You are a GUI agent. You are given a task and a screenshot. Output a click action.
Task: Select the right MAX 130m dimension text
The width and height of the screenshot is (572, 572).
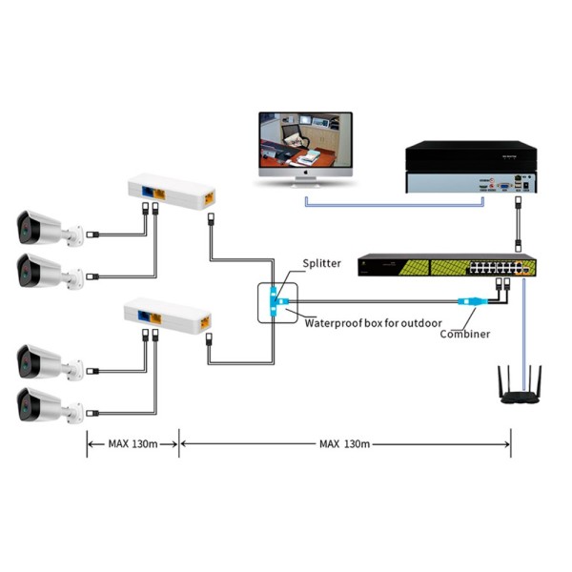[x=345, y=443]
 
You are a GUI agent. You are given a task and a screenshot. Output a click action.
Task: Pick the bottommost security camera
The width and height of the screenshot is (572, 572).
[x=43, y=405]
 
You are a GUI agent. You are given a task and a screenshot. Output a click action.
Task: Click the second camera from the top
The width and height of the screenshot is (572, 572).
[x=43, y=273]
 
